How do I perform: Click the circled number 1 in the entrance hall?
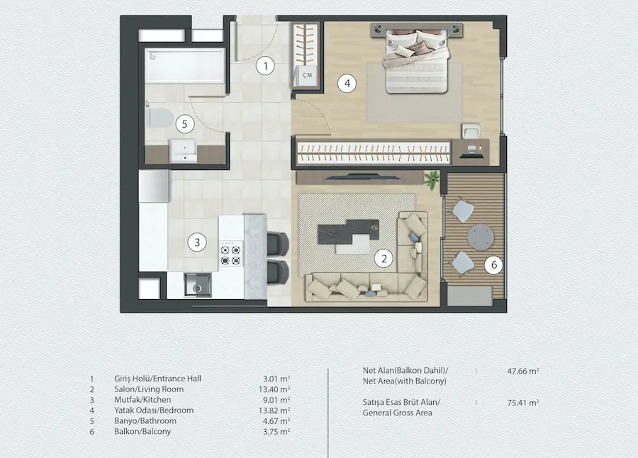266,66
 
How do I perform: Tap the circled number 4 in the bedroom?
347,84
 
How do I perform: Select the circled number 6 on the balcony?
494,265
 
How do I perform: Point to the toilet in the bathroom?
159,118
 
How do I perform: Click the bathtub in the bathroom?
186,65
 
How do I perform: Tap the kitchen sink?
197,285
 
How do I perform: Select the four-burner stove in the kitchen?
230,255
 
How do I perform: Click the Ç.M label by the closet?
307,75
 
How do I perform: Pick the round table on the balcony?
481,237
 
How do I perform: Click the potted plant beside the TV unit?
432,179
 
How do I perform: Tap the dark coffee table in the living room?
347,232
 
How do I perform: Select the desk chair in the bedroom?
471,132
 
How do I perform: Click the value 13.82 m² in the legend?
274,410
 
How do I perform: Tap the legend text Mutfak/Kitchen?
142,400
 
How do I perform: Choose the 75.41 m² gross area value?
523,403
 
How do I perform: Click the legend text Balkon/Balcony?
142,432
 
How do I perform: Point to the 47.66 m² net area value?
523,372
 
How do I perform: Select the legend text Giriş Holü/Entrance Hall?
157,379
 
